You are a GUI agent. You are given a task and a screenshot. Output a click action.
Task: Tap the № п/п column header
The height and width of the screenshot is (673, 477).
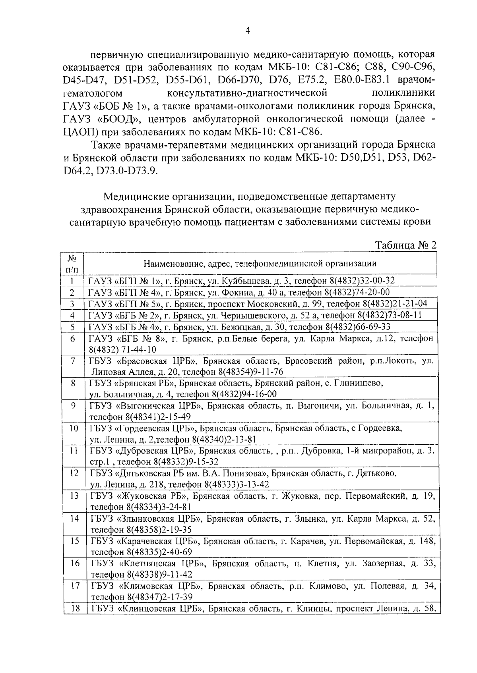(72, 264)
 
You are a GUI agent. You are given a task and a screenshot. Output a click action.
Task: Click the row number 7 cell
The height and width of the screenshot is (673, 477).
(73, 361)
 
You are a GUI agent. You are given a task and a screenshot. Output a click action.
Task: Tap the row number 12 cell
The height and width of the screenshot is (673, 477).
(74, 473)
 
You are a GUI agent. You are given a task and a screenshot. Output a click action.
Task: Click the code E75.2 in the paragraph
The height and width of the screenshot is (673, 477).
(312, 80)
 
